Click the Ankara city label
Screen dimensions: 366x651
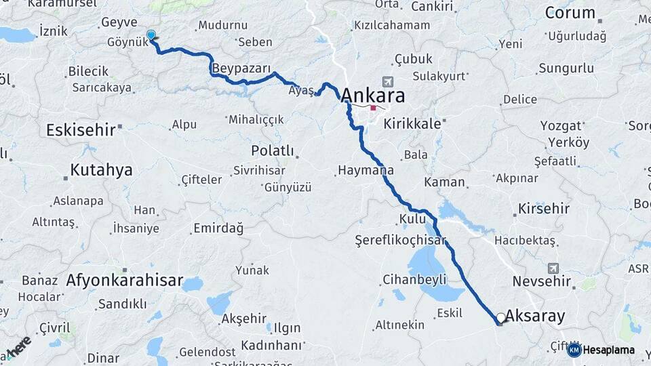(374, 95)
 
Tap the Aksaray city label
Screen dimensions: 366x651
(535, 317)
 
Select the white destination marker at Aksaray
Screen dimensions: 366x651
(501, 317)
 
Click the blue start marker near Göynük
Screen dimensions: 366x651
(151, 35)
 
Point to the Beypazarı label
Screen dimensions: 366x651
(241, 69)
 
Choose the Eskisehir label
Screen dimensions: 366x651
(81, 129)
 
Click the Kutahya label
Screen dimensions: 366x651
(101, 170)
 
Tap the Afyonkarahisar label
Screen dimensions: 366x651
(125, 280)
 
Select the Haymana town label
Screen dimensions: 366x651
(365, 171)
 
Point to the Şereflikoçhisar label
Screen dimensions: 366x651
(401, 241)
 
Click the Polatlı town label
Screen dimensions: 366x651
(272, 150)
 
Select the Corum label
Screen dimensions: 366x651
(570, 13)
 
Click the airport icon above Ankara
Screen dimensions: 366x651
(387, 81)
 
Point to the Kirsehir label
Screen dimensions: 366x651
(544, 209)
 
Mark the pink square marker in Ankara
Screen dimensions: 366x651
(373, 108)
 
